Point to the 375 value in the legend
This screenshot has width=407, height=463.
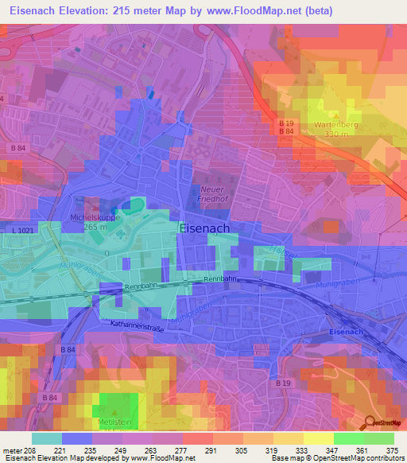(392, 450)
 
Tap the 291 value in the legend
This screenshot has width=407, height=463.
(211, 450)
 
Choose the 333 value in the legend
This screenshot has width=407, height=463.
(302, 450)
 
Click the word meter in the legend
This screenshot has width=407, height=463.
(12, 450)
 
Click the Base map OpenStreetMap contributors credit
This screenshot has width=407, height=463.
(337, 458)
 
